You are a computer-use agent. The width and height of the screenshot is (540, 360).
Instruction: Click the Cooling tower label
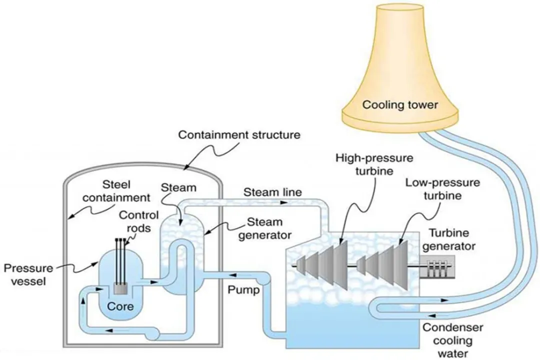point(400,105)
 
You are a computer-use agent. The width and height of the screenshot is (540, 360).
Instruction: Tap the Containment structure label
point(239,135)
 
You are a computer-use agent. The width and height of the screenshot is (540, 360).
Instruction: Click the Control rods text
point(138,221)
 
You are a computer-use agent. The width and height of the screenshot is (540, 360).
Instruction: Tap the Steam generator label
point(260,228)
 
